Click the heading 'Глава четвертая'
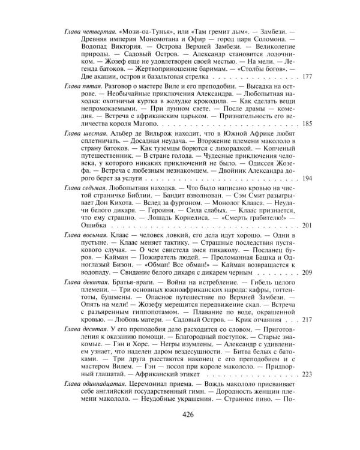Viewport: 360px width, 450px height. [x=88, y=29]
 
